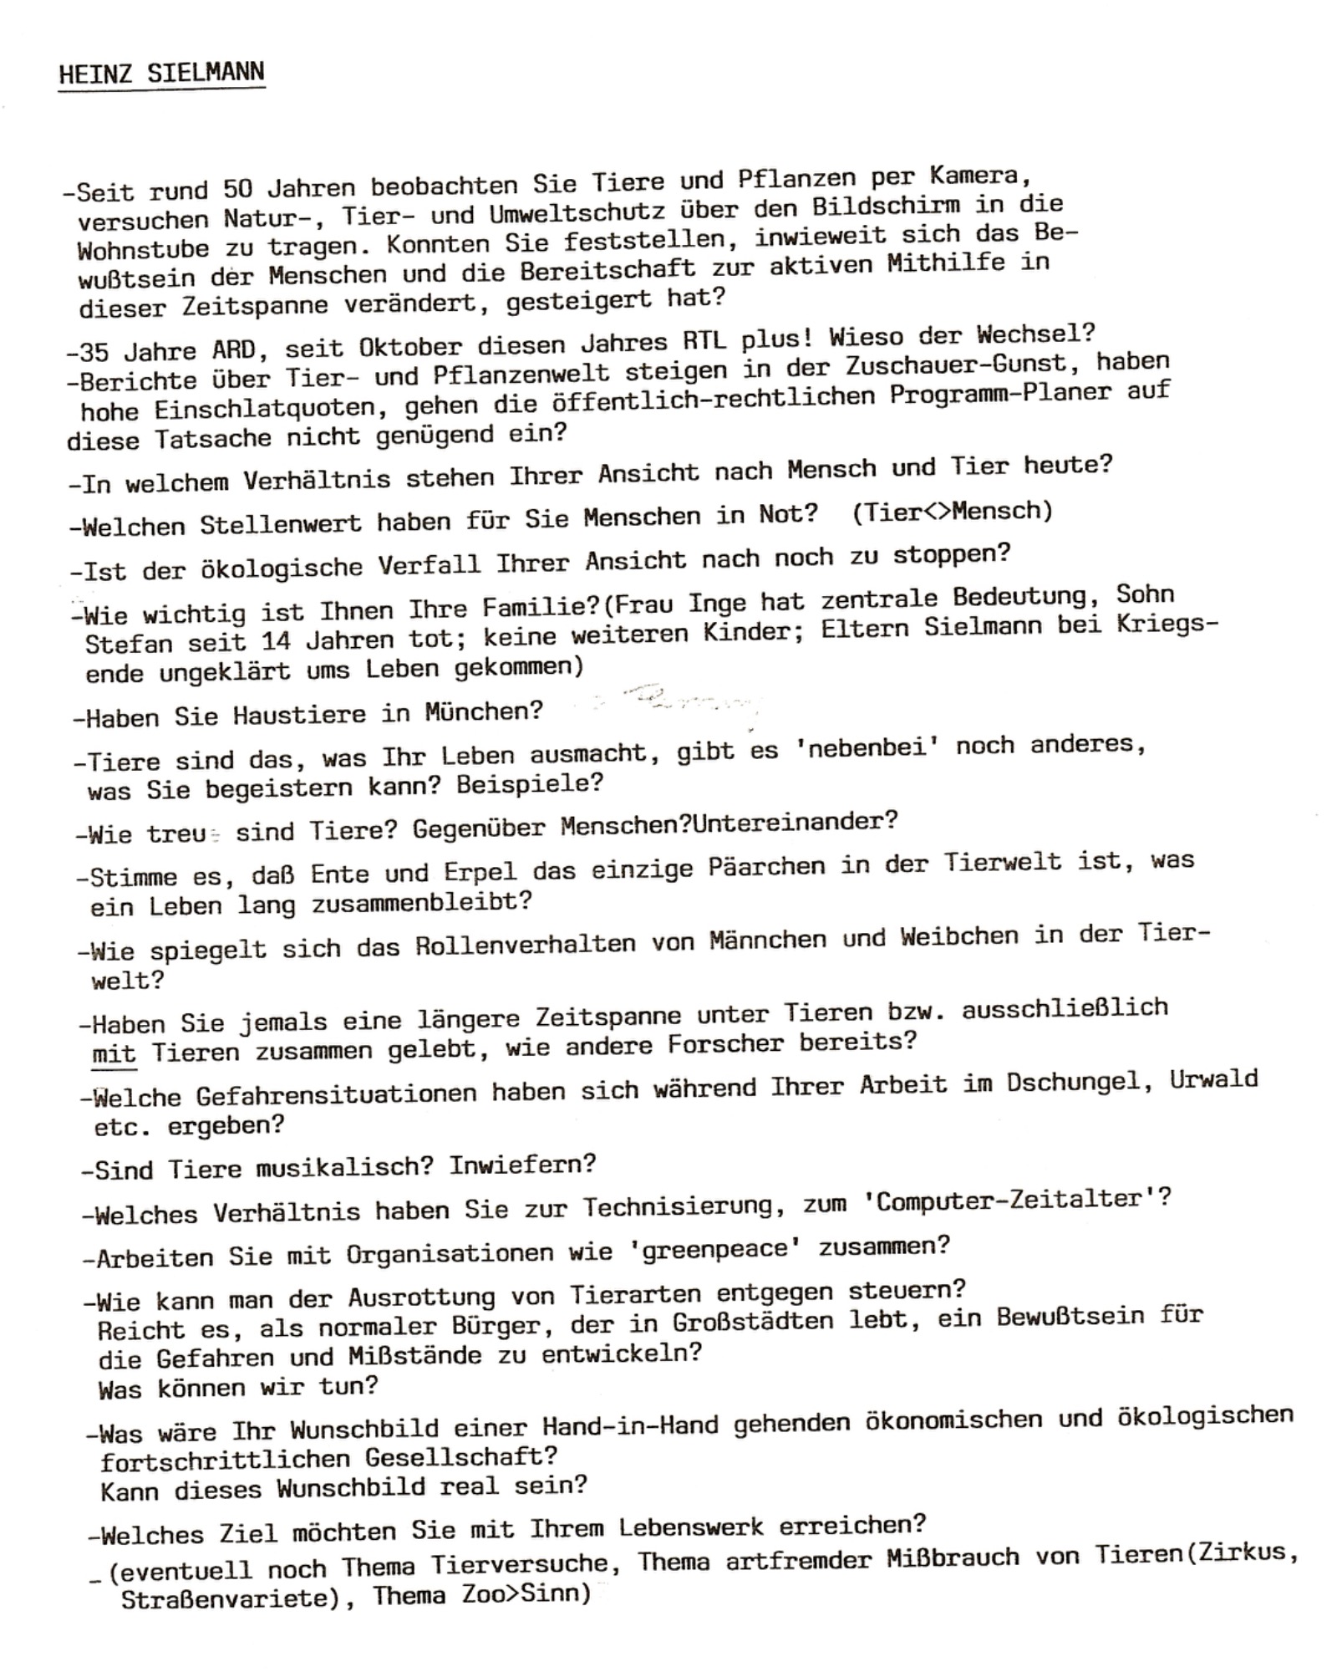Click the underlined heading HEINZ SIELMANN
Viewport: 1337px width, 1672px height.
161,74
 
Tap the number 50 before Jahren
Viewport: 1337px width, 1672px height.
237,190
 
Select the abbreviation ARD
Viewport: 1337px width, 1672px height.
234,349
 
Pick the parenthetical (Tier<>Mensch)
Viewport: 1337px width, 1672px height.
953,511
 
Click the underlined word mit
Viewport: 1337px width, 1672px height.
114,1054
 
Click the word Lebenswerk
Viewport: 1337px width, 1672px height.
690,1527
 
